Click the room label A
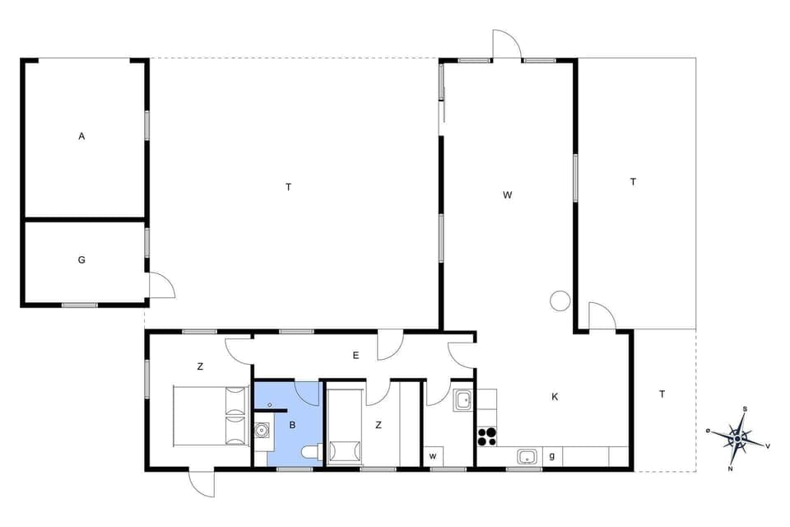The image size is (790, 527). [x=81, y=137]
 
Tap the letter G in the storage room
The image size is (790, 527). [x=81, y=260]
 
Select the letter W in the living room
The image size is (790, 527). [x=508, y=195]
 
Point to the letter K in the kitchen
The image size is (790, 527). [x=555, y=397]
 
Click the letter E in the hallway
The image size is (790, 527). [x=355, y=356]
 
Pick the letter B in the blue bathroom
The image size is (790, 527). [x=292, y=426]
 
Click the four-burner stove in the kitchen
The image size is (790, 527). [x=486, y=436]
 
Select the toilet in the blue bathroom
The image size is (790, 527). [x=310, y=450]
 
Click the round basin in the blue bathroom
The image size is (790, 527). [x=263, y=429]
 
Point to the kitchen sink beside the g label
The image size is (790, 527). [x=526, y=455]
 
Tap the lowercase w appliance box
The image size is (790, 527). [x=432, y=455]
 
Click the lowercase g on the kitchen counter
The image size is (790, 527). [x=551, y=455]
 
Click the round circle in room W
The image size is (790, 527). [x=560, y=301]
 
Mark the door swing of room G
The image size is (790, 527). [x=162, y=285]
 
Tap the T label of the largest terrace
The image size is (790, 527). [x=289, y=187]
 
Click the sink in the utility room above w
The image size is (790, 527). [x=462, y=400]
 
